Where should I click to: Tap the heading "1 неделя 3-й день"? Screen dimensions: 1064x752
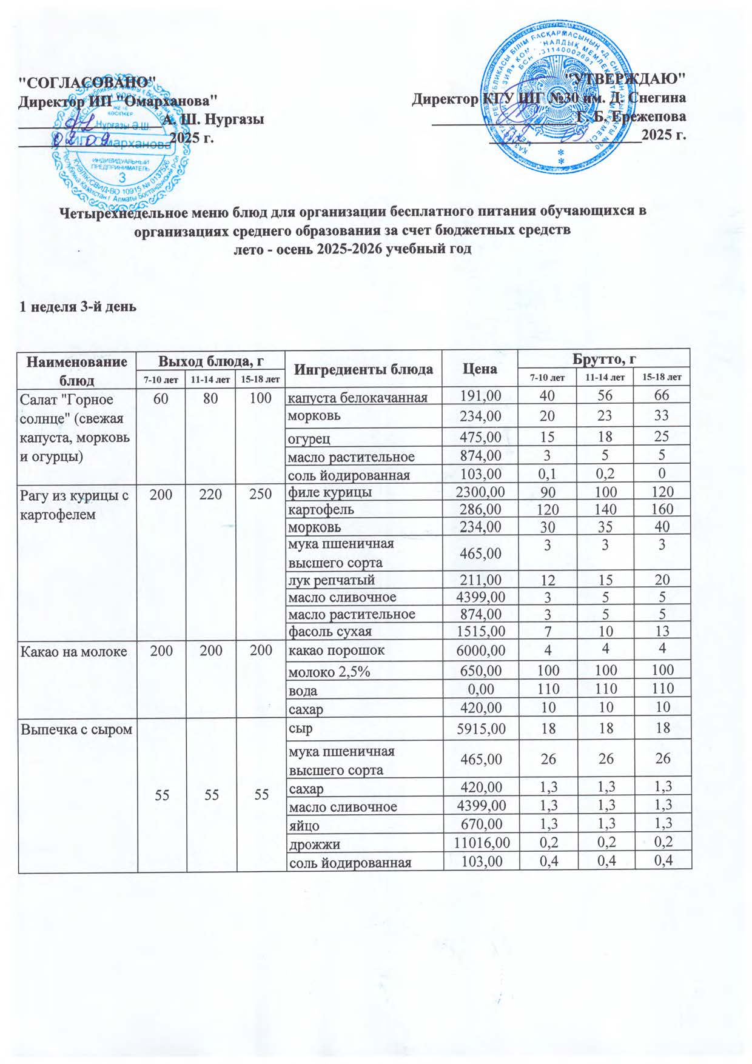click(x=78, y=307)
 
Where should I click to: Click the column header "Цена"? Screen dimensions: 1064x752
click(x=480, y=369)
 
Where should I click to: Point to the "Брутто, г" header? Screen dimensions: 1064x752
click(x=604, y=359)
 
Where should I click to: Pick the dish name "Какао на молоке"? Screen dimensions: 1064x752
click(x=74, y=652)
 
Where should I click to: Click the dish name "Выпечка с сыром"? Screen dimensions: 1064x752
click(x=76, y=729)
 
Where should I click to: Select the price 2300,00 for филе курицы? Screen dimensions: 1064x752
click(x=480, y=492)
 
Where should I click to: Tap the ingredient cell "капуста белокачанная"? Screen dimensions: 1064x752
click(x=357, y=398)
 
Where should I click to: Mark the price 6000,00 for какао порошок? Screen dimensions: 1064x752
click(x=480, y=651)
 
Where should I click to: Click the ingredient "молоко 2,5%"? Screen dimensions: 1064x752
click(x=327, y=671)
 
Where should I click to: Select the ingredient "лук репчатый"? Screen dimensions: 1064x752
click(x=331, y=580)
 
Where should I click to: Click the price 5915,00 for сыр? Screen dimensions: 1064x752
click(x=480, y=729)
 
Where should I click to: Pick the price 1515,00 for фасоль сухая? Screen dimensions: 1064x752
click(x=480, y=632)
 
